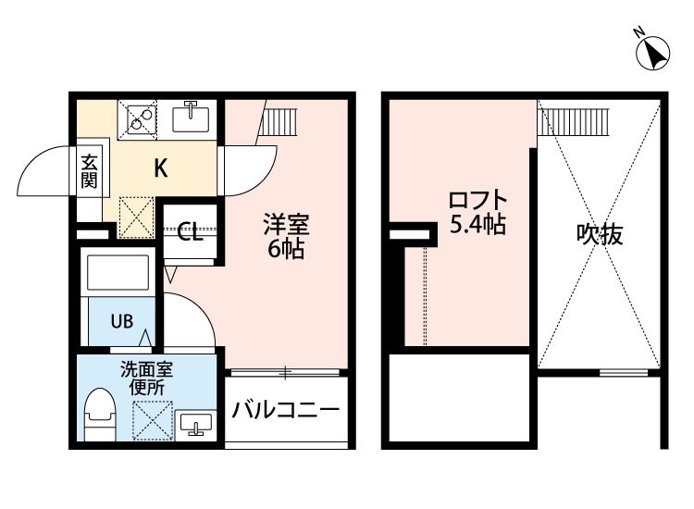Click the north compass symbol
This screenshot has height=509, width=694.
(x=652, y=51)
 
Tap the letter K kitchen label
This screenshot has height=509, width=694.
(x=161, y=168)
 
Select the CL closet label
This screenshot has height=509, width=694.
(x=191, y=231)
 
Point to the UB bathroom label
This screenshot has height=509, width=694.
(x=122, y=321)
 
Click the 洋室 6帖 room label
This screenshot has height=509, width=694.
(x=286, y=237)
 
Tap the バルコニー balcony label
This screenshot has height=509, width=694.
(x=286, y=409)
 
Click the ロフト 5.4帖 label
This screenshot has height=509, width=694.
(x=478, y=213)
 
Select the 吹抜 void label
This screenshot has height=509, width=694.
(x=600, y=234)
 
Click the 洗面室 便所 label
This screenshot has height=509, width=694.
(x=147, y=379)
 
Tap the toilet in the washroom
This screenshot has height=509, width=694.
(x=100, y=414)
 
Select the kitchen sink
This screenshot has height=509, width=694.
(x=191, y=117)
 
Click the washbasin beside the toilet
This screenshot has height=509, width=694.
(x=195, y=426)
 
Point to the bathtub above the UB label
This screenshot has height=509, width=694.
(x=118, y=272)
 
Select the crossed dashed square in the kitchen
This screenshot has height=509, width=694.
(x=137, y=217)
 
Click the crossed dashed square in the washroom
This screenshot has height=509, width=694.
(x=153, y=421)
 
